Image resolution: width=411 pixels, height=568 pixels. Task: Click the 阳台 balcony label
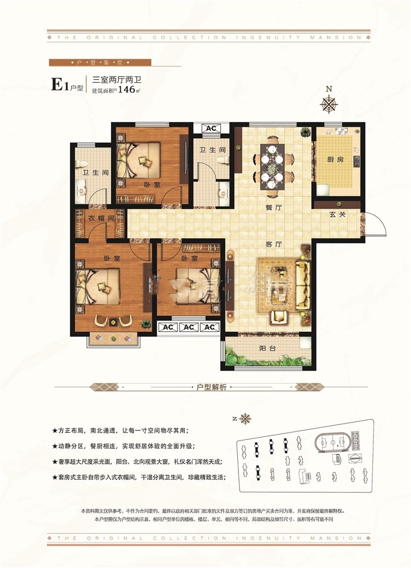click(268, 348)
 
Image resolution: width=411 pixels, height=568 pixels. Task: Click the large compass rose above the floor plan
click(329, 103)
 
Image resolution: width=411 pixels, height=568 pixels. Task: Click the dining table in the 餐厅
click(271, 163)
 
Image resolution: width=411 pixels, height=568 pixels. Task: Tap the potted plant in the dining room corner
click(305, 132)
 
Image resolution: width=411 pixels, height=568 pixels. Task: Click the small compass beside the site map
click(245, 419)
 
